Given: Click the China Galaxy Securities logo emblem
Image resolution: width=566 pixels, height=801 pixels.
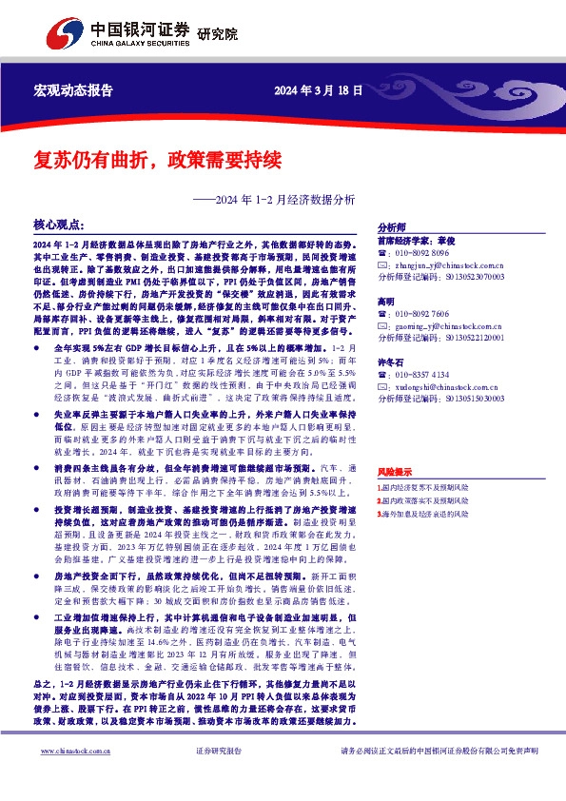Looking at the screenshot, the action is point(68,35).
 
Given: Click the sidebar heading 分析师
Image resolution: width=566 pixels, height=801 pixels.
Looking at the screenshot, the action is point(392,228).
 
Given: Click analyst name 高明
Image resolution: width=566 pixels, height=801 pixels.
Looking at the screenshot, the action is point(386,301).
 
